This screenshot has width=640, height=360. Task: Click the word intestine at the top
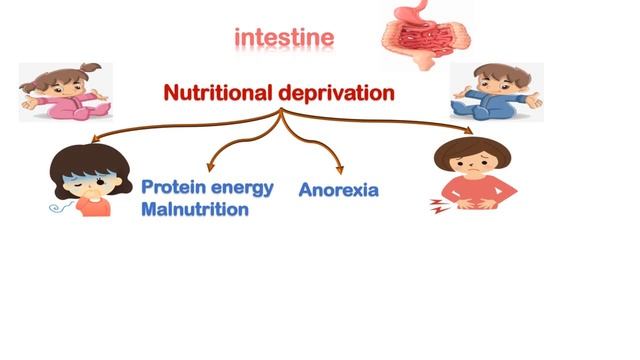coord(284,38)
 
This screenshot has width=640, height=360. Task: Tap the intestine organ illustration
coord(426,37)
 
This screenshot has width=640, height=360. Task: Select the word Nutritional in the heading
coord(218,93)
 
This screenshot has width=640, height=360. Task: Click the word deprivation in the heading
coord(337,93)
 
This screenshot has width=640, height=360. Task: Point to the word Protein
coord(173,187)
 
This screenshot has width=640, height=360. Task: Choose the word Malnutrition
coord(195,209)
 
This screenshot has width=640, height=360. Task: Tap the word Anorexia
coord(339,190)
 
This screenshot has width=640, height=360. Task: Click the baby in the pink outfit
coord(65,92)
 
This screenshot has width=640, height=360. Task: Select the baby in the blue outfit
coord(497,92)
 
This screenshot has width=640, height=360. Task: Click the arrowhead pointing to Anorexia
coord(340,170)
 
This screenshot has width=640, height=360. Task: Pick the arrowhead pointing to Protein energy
coord(210,167)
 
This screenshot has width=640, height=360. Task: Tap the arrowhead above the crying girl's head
coord(96,138)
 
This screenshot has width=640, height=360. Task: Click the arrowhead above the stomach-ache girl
coord(469,131)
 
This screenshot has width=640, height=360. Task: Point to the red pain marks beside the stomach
coord(438,206)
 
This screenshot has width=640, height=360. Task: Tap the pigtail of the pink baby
coord(91,67)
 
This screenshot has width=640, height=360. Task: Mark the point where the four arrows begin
coord(281,109)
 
